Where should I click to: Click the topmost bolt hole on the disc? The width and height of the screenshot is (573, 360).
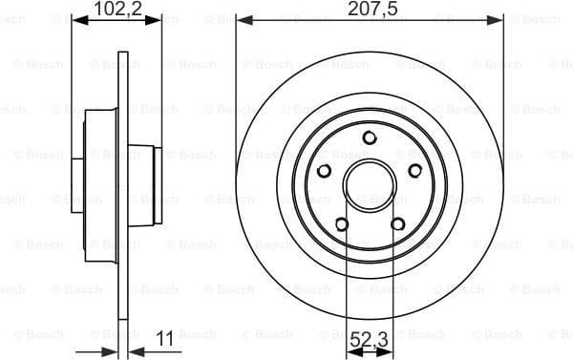click(x=369, y=138)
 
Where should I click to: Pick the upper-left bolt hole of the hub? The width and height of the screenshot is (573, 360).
click(x=323, y=171)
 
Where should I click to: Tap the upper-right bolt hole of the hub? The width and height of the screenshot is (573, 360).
click(x=414, y=171)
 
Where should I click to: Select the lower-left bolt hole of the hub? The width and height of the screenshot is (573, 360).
click(x=340, y=225)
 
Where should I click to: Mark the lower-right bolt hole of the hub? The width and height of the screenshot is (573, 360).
click(x=397, y=225)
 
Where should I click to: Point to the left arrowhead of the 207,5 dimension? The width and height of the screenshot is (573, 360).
click(x=242, y=18)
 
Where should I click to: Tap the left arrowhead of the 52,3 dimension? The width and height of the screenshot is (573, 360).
click(x=350, y=351)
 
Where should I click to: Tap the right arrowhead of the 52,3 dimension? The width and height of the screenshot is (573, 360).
click(x=386, y=351)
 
